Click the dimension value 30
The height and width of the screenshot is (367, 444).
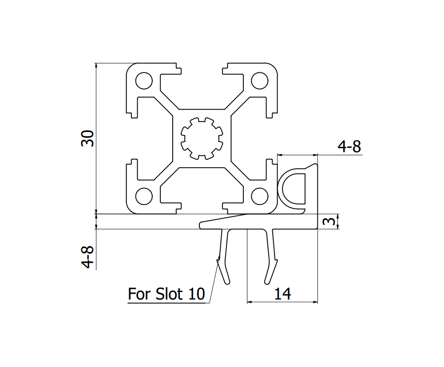coord(87,138)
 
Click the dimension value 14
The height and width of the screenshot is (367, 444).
coord(282,293)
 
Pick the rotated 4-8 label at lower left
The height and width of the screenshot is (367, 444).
coord(88,258)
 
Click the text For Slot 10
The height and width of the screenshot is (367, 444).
coord(166,294)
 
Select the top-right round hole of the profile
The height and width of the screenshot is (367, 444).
coord(260,81)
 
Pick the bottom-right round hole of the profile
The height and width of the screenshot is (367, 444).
coord(260,196)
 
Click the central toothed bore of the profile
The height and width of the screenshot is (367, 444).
coord(202,138)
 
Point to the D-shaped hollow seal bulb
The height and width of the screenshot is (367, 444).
coord(293,188)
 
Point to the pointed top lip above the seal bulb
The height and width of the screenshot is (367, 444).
coord(315,166)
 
